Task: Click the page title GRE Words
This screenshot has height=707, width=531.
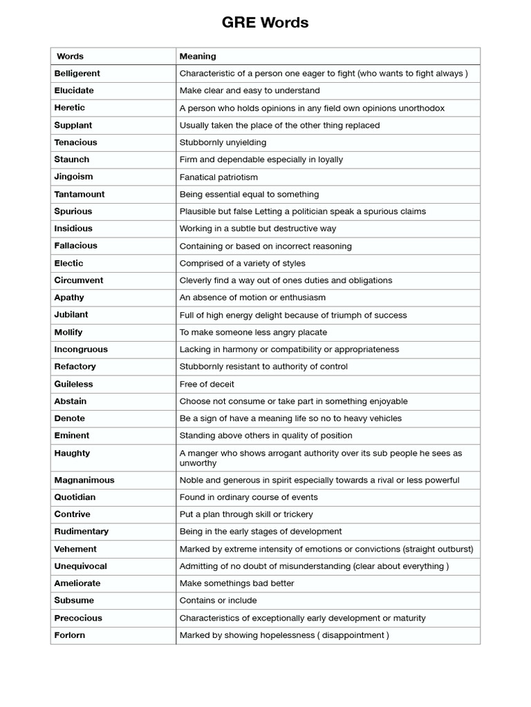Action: (265, 23)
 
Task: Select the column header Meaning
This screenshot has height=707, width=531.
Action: (198, 56)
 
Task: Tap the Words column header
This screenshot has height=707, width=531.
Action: (70, 56)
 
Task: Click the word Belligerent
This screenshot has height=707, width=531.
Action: (77, 73)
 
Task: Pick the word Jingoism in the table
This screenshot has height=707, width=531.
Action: (73, 177)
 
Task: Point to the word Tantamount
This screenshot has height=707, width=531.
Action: (80, 194)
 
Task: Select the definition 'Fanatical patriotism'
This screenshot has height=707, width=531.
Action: (218, 177)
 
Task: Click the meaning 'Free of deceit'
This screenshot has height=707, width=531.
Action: (207, 384)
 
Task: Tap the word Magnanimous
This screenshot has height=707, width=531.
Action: (84, 480)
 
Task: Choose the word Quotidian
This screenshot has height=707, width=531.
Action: (75, 497)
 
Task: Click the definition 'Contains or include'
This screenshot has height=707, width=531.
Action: (218, 601)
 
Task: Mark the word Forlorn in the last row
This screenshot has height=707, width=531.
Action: (69, 635)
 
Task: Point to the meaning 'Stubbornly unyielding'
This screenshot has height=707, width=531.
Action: (223, 142)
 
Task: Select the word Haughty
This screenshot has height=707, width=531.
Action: (72, 453)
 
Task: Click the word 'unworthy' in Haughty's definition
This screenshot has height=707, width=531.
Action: (198, 463)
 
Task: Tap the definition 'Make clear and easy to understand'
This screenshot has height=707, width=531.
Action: (250, 90)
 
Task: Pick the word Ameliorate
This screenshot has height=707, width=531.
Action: (77, 583)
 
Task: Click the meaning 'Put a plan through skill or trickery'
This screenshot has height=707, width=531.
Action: (246, 514)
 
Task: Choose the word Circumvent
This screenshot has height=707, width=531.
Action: (78, 280)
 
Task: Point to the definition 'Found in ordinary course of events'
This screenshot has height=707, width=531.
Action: (249, 497)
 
